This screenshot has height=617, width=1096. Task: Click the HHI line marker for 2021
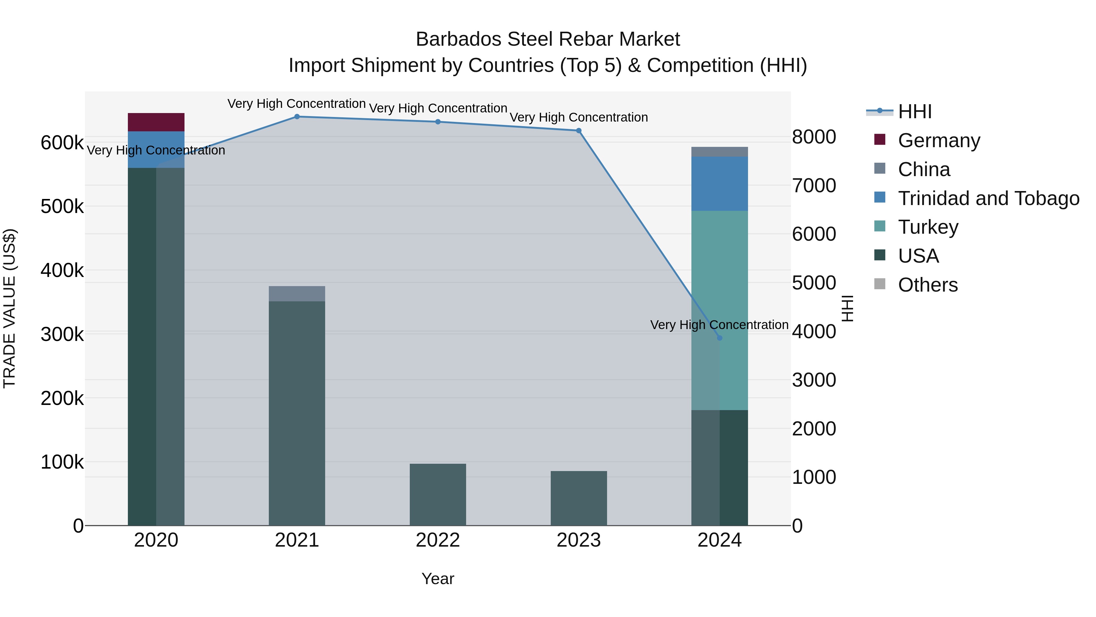pyautogui.click(x=297, y=117)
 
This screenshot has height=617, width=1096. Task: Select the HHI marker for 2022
pyautogui.click(x=438, y=122)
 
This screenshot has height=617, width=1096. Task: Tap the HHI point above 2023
pyautogui.click(x=579, y=131)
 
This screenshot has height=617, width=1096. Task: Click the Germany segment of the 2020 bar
pyautogui.click(x=156, y=122)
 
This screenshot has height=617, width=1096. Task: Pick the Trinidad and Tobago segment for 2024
pyautogui.click(x=719, y=183)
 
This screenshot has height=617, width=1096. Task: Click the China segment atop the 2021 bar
pyautogui.click(x=297, y=294)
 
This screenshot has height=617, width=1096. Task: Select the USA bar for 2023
pyautogui.click(x=579, y=498)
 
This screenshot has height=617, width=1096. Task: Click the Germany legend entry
pyautogui.click(x=939, y=140)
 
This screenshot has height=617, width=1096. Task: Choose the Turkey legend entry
pyautogui.click(x=928, y=227)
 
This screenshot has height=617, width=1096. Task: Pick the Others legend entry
pyautogui.click(x=928, y=285)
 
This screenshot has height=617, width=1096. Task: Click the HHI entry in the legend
pyautogui.click(x=915, y=112)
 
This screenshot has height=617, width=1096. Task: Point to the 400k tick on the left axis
pyautogui.click(x=62, y=270)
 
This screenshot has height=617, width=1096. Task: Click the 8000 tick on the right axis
pyautogui.click(x=814, y=137)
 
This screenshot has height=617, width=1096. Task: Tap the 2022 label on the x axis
pyautogui.click(x=438, y=540)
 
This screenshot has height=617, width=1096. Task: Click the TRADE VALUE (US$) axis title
pyautogui.click(x=9, y=308)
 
